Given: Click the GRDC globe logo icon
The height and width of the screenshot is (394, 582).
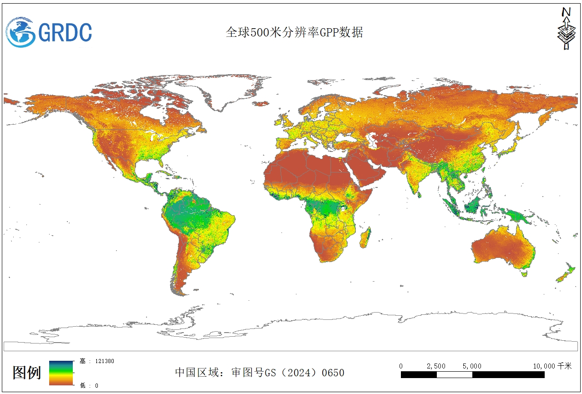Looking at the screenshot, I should tap(20, 32).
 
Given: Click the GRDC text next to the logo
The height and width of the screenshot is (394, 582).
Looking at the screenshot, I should tap(65, 32).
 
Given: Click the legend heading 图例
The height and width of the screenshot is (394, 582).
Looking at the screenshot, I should tap(26, 373).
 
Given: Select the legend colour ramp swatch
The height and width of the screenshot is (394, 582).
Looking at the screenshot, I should tap(61, 373).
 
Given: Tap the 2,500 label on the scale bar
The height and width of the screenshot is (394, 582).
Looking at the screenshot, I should tap(436, 366).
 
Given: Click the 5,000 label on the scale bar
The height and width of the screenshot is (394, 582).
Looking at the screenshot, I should tap(472, 366).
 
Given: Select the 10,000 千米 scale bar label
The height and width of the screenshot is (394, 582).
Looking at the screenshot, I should tap(552, 366).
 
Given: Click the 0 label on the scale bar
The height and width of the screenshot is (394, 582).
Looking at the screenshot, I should tap(401, 366).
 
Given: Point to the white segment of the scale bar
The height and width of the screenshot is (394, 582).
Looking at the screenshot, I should tap(454, 375).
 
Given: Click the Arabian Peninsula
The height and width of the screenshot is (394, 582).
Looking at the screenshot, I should tap(366, 171).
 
